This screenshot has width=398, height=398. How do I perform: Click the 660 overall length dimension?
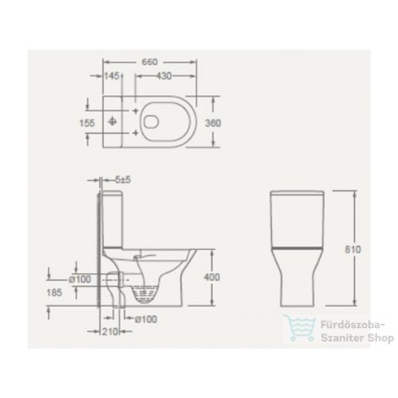pos(148,62)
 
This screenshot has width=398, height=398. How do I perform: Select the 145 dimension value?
pos(112,76)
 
